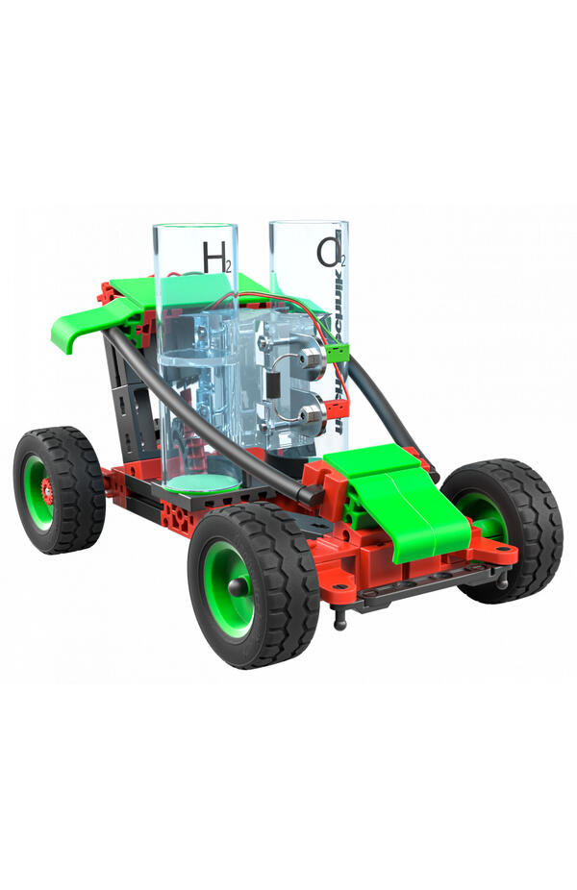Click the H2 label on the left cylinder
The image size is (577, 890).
tap(215, 256)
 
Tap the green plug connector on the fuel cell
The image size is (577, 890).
tap(337, 353)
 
